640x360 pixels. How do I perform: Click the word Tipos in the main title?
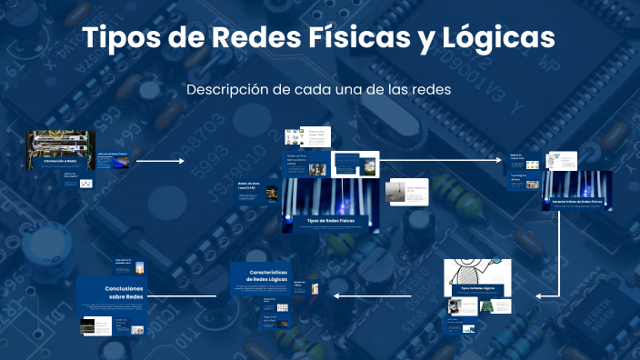[115, 39]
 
